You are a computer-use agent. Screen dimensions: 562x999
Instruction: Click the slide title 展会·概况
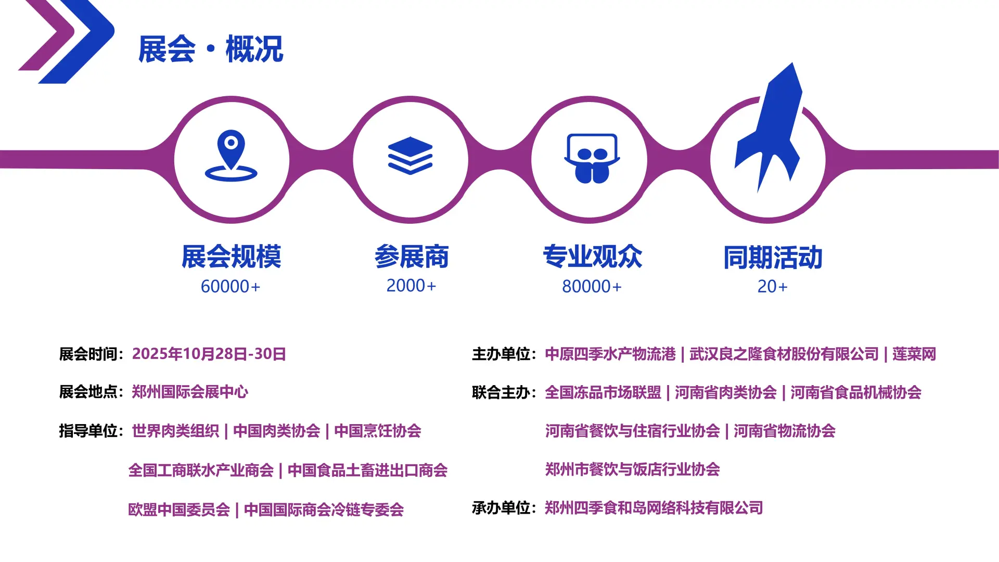211,49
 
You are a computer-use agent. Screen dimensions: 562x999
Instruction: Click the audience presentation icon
592,158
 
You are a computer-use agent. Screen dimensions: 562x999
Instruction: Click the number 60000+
230,286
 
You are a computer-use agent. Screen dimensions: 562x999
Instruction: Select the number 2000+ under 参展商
411,286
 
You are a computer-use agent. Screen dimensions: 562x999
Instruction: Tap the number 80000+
592,286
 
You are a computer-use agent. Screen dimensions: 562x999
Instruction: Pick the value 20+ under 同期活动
772,286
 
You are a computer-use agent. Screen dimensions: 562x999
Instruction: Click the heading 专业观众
592,257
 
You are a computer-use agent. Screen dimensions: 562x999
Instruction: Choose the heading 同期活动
773,258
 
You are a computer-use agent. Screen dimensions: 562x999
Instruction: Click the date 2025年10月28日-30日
209,354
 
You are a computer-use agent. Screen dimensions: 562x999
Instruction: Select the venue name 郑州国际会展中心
190,392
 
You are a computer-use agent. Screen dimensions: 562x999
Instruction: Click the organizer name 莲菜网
914,354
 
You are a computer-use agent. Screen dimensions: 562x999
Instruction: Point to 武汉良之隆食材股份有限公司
784,354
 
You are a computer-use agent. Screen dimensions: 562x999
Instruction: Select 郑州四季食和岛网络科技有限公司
654,507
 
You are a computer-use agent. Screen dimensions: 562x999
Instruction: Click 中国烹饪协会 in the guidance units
377,431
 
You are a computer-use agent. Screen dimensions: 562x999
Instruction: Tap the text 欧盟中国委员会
179,509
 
